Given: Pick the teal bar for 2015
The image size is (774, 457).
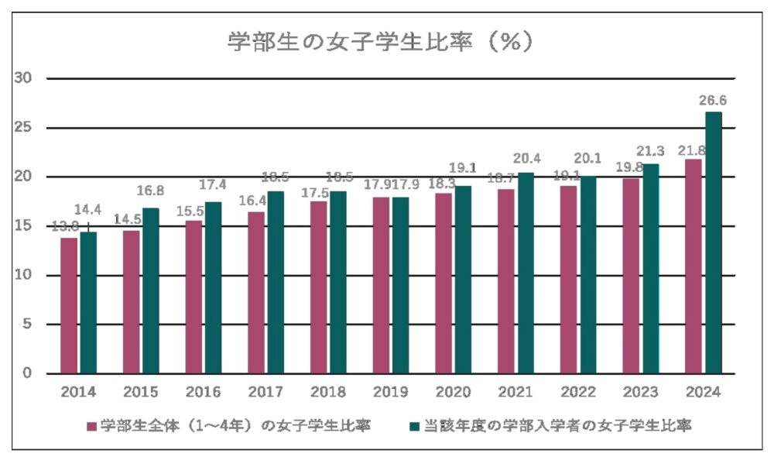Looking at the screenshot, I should pos(151,290).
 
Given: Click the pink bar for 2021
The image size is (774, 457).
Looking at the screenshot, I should pos(506,281).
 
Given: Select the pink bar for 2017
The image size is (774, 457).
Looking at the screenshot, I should pos(256,293).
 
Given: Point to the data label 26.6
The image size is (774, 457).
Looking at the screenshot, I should pos(713,100).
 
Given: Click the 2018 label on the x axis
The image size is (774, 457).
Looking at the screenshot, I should pos(329,392).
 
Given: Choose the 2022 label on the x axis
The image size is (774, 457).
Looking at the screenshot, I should pos(579,392).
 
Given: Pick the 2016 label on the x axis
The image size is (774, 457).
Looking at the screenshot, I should pos(204,392).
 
